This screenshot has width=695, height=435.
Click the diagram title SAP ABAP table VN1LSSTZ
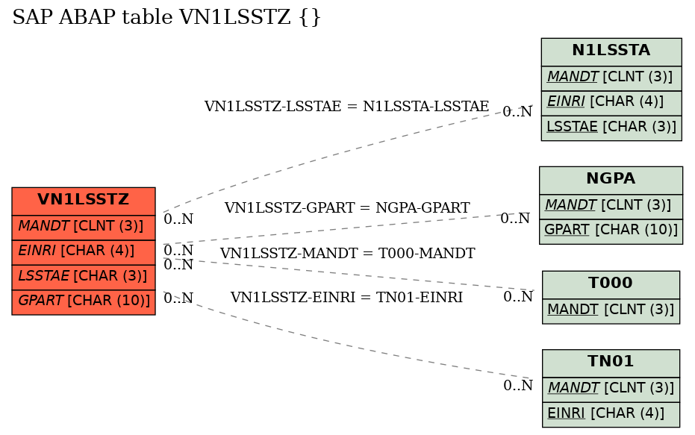(x=166, y=17)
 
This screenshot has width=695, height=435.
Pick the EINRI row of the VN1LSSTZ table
(x=84, y=252)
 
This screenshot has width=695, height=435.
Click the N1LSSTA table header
(x=611, y=51)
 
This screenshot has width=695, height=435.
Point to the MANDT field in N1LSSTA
(x=611, y=78)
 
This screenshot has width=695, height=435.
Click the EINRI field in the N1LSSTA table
(x=611, y=103)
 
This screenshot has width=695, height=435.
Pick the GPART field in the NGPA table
(x=611, y=231)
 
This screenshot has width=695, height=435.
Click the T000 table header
(x=611, y=284)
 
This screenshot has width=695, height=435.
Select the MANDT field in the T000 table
(x=611, y=311)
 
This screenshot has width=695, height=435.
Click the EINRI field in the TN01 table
(x=611, y=415)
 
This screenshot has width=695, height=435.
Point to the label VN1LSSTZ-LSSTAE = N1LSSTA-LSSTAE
(x=346, y=107)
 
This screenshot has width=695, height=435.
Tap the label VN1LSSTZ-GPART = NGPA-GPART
(x=347, y=207)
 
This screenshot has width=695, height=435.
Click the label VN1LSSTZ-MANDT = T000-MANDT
(x=348, y=254)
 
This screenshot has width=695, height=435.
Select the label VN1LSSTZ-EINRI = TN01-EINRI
(x=346, y=297)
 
